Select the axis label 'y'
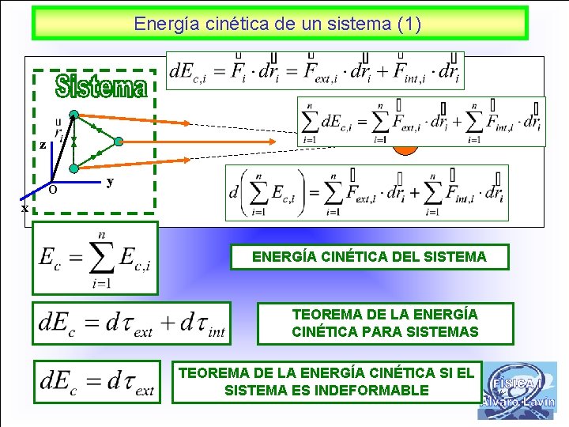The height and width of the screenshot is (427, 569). click(110, 181)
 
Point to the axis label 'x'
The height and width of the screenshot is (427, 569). click(25, 208)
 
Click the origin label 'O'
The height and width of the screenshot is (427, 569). click(52, 190)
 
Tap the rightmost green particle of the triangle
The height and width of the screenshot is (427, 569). click(118, 142)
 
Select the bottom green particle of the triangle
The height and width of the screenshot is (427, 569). click(73, 168)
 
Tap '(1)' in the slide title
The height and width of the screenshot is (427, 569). click(408, 24)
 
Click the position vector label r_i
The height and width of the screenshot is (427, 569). click(58, 129)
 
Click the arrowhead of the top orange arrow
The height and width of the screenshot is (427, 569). click(186, 123)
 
